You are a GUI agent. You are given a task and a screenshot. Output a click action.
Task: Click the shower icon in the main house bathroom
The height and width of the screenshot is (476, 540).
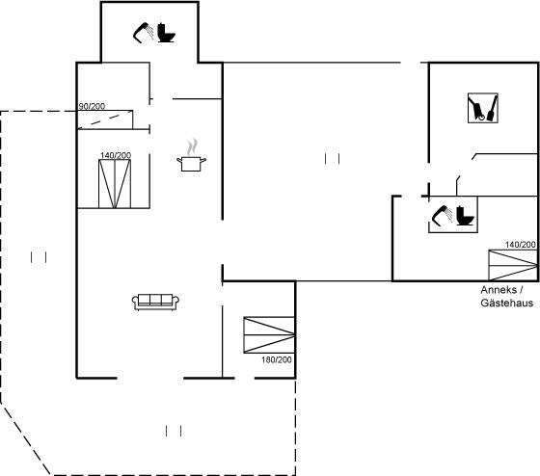pyautogui.click(x=144, y=33)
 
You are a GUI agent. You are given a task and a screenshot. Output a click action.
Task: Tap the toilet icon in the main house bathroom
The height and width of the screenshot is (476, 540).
pyautogui.click(x=166, y=33)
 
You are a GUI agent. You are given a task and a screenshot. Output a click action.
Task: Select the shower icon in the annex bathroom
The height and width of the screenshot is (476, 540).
pyautogui.click(x=443, y=216)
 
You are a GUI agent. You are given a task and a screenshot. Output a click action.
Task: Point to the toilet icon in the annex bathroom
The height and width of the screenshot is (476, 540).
pyautogui.click(x=465, y=216)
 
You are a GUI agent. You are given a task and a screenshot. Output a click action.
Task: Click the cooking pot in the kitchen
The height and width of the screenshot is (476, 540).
pyautogui.click(x=192, y=164)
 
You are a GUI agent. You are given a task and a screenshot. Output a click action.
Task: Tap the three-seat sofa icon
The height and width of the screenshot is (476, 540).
pyautogui.click(x=155, y=303)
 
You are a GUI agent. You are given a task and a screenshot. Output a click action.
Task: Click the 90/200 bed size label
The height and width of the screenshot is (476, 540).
pyautogui.click(x=92, y=106)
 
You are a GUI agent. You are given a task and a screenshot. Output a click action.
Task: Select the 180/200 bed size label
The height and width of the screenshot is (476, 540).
pyautogui.click(x=277, y=359)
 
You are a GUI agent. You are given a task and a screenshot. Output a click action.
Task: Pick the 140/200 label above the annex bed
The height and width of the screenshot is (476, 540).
pyautogui.click(x=521, y=245)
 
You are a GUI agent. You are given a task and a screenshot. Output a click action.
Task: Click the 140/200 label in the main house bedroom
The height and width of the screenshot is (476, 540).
pyautogui.click(x=116, y=155)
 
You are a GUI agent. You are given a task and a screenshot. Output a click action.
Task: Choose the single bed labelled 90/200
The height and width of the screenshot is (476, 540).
pyautogui.click(x=105, y=119)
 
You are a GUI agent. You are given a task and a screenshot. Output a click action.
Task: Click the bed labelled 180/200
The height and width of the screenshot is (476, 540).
pyautogui.click(x=269, y=335)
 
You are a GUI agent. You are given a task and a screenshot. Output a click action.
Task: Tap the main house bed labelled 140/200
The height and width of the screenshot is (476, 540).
pyautogui.click(x=115, y=184)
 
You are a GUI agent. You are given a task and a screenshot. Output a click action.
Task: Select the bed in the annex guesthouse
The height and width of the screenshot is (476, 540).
pyautogui.click(x=513, y=265)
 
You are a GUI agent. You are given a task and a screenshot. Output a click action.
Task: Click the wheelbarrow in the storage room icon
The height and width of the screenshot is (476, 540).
pyautogui.click(x=476, y=108)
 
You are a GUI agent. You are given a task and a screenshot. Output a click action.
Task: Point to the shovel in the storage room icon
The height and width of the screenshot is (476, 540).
pyautogui.click(x=492, y=108)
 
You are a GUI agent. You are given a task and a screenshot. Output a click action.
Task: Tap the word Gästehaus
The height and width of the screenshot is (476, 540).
pyautogui.click(x=507, y=303)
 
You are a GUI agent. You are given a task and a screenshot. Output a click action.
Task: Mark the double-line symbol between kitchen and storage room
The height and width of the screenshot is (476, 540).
pyautogui.click(x=333, y=159)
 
